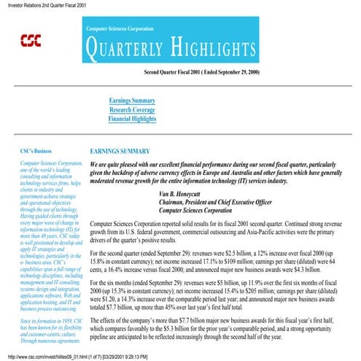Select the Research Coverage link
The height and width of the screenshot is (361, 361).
pyautogui.click(x=131, y=109)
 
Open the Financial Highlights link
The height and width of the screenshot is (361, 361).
pyautogui.click(x=131, y=117)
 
